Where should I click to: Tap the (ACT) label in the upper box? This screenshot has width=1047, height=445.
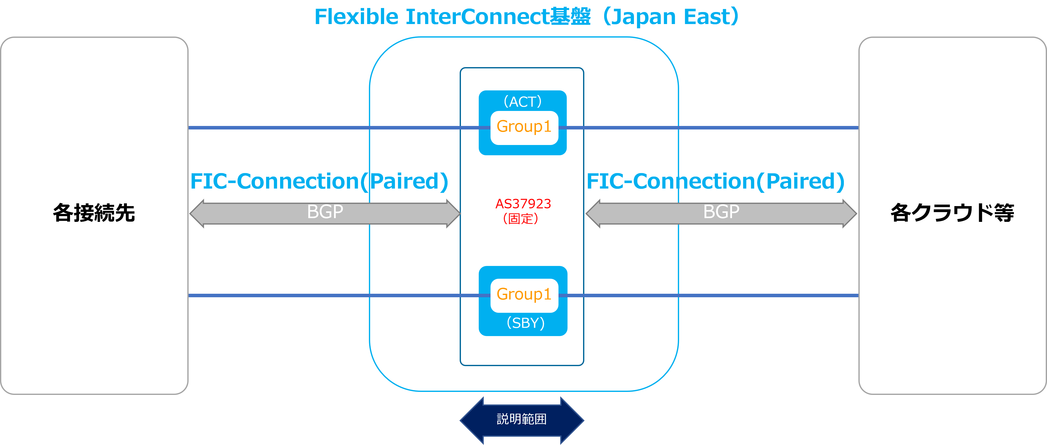point(523,101)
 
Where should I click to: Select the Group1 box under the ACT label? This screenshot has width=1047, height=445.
point(524,127)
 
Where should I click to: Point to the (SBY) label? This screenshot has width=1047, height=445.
point(526,323)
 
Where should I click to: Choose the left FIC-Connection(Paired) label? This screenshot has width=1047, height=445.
point(319,181)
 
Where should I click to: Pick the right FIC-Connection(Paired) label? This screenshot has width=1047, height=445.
point(715,181)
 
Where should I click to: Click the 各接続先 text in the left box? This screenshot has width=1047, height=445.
point(94,213)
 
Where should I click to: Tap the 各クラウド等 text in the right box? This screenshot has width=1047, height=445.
point(952,213)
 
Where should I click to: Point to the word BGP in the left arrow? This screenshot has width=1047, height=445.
point(325,212)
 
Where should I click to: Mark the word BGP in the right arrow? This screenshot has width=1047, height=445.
point(721,212)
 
